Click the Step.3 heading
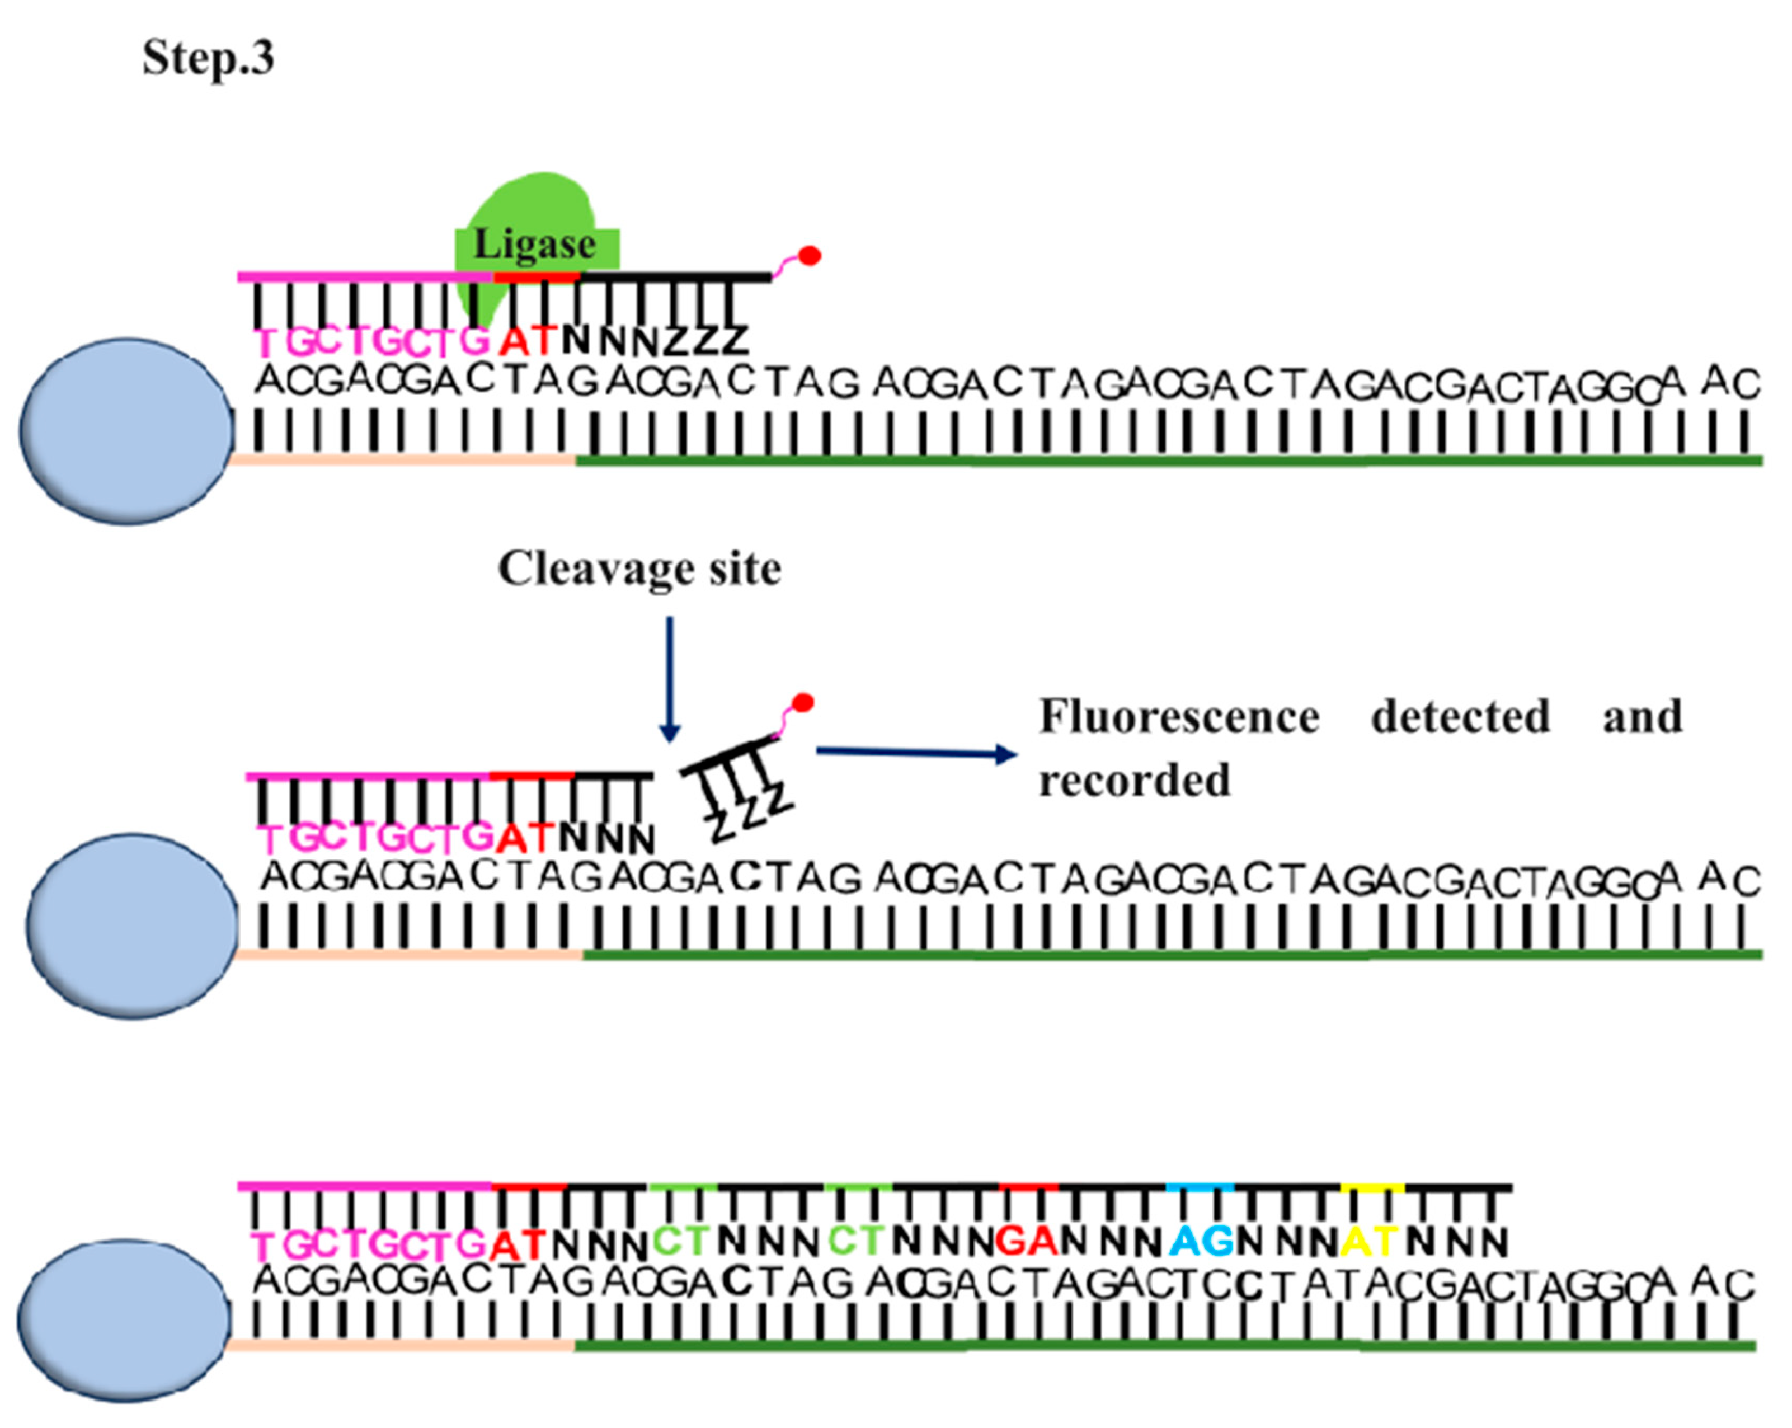point(208,58)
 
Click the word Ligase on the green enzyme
point(534,245)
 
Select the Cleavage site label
point(639,570)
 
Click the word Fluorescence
point(1179,716)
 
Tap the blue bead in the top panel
point(126,430)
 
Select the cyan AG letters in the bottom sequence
point(1201,1242)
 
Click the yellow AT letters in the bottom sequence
point(1371,1242)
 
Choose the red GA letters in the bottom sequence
point(1027,1242)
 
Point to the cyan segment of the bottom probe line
point(1200,1187)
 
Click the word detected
point(1460,716)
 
